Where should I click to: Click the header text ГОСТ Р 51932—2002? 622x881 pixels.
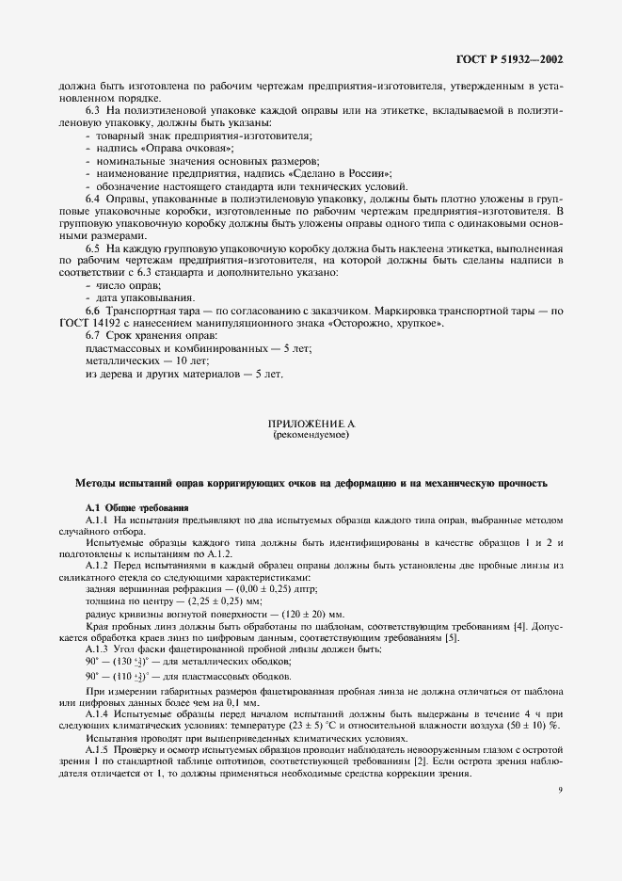coord(509,59)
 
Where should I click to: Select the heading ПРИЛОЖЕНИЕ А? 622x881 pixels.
coord(311,424)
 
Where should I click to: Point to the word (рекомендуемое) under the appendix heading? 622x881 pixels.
coord(311,437)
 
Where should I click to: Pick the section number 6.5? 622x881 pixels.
coord(93,248)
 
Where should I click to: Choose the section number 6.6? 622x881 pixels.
coord(93,310)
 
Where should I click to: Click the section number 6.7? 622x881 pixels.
coord(93,335)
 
